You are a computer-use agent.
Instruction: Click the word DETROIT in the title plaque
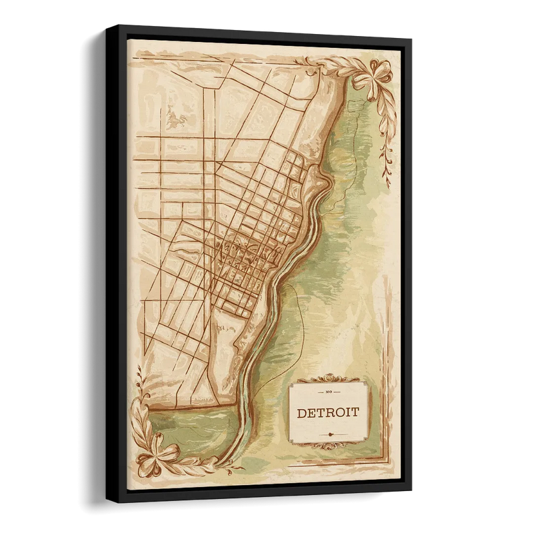point(327,412)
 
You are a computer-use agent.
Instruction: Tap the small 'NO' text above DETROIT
point(327,394)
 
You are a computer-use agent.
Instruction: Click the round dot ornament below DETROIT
point(327,432)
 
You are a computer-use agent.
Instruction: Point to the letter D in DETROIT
point(301,412)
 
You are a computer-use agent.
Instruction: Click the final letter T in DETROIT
point(354,412)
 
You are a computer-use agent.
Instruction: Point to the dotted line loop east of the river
point(300,313)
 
